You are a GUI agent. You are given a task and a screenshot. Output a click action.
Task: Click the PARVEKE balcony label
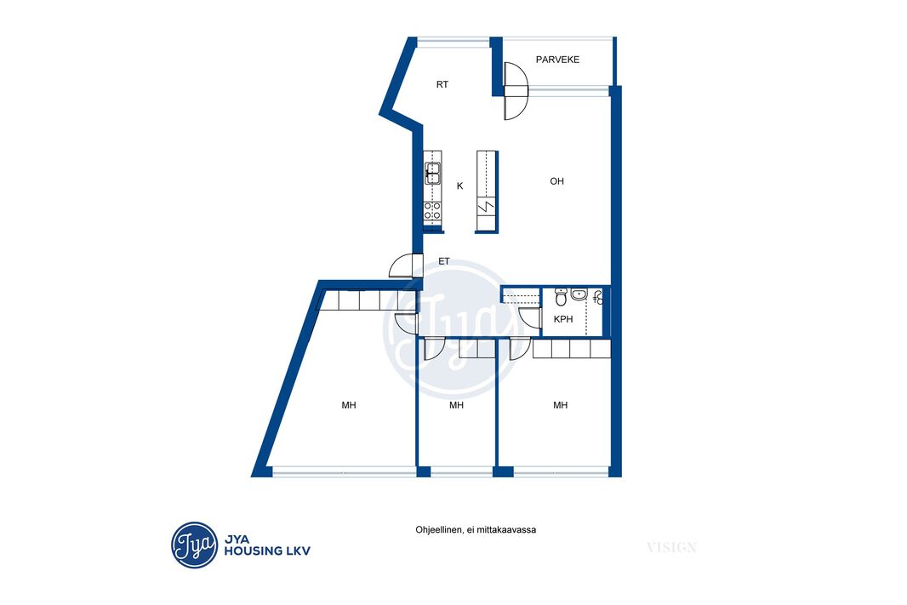pos(557,60)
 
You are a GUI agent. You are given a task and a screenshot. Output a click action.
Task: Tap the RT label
pos(442,84)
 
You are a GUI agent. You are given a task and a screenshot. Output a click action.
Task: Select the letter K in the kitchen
pos(459,185)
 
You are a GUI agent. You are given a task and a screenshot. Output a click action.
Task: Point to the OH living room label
pos(556,181)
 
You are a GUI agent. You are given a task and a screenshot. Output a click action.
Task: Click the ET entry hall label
pos(443,261)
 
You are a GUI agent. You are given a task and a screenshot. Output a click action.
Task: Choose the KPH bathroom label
pos(562,319)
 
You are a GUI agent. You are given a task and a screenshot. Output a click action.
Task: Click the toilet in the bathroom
pos(561,297)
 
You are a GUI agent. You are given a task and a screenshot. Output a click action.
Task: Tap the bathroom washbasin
pos(579,294)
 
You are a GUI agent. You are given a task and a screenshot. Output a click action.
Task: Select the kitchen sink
pos(432,173)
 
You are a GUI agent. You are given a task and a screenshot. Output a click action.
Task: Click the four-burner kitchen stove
pos(432,210)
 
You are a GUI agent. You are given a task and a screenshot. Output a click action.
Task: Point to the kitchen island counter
pos(487,191)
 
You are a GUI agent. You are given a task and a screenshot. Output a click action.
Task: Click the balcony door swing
pos(516,91)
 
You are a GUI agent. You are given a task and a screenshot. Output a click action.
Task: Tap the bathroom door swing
pos(530,319)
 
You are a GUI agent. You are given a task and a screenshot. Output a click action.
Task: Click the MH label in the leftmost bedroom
pos(348,405)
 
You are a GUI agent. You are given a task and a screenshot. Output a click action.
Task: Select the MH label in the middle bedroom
pos(456,405)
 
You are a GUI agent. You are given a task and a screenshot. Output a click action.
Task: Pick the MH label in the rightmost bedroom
pos(560,405)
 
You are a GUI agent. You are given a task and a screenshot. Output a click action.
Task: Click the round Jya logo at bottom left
pos(194,545)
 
